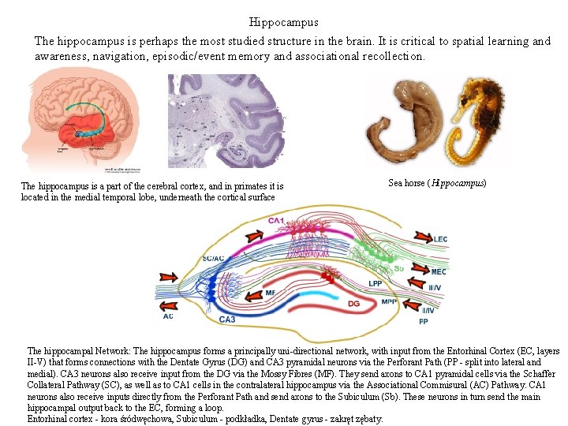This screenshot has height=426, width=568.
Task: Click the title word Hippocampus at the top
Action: (x=283, y=22)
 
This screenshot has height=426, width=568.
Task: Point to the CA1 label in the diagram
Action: (x=276, y=220)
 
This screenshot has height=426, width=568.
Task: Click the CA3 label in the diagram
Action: (x=227, y=319)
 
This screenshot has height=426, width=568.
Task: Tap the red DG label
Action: (x=354, y=303)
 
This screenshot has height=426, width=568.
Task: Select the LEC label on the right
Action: (x=440, y=239)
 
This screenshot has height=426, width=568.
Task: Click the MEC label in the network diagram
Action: (x=439, y=272)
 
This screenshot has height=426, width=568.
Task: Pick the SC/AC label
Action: (x=214, y=259)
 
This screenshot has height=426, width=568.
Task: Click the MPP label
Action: (x=389, y=302)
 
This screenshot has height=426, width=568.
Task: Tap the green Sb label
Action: (x=398, y=268)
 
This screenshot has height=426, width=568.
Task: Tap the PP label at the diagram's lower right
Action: (x=424, y=322)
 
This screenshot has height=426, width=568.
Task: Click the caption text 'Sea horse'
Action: (x=406, y=183)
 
